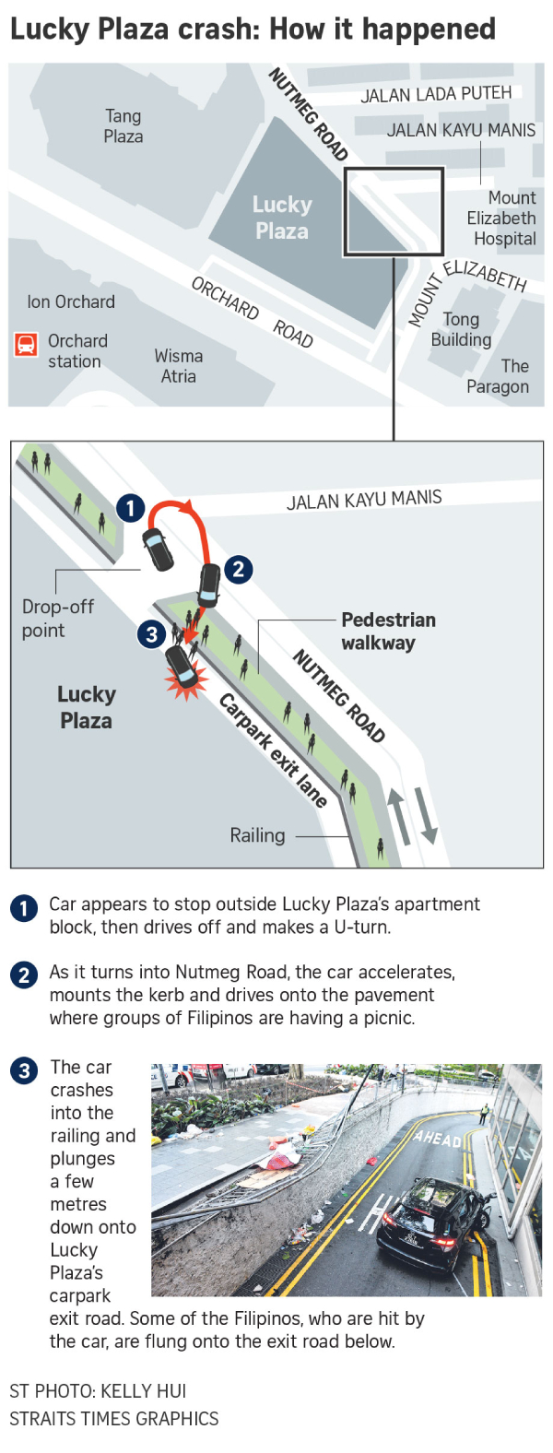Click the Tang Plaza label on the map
coord(124,125)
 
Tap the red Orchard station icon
coord(26,345)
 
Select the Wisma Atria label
coord(178,366)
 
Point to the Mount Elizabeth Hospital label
coord(501,218)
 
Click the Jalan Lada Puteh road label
coord(436,95)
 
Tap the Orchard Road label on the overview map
coord(253,312)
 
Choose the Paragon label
coord(498,376)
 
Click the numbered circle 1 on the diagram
coord(131,508)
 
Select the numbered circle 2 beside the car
coord(238,570)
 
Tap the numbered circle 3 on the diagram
coord(151,633)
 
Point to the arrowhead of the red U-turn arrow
coord(188,505)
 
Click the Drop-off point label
coord(58,619)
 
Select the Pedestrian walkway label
coord(388,632)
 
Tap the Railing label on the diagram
coord(257,835)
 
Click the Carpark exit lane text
coord(273,750)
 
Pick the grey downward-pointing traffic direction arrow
coord(427,815)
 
